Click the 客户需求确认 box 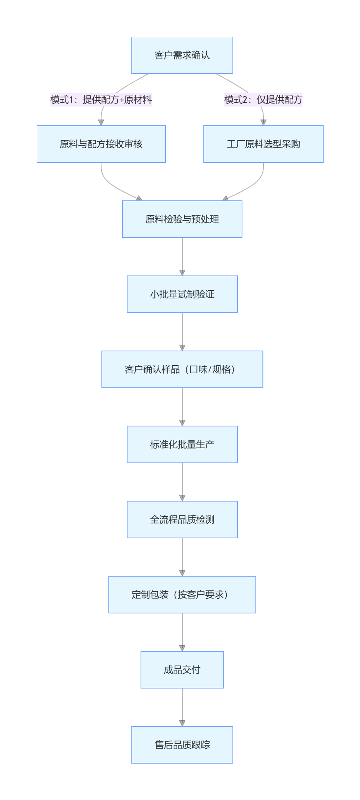[x=182, y=55]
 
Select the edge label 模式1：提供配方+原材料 [x=101, y=100]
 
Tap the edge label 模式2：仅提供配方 [x=263, y=100]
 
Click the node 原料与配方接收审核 [x=101, y=144]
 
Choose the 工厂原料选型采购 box [x=263, y=144]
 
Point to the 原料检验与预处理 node [x=182, y=219]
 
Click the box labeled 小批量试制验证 [x=182, y=294]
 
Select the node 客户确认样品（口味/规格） [x=182, y=369]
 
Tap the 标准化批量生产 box [x=182, y=444]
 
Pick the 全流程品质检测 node [x=182, y=520]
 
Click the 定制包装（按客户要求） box [x=182, y=595]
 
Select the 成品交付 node [x=182, y=670]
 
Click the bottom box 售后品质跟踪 [x=182, y=745]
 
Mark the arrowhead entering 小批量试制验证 [x=182, y=273]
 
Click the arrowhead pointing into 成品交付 [x=182, y=648]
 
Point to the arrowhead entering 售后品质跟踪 [x=182, y=723]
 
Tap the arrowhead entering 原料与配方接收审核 [x=101, y=123]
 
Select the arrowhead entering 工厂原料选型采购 [x=263, y=123]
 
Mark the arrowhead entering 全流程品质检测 [x=182, y=498]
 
